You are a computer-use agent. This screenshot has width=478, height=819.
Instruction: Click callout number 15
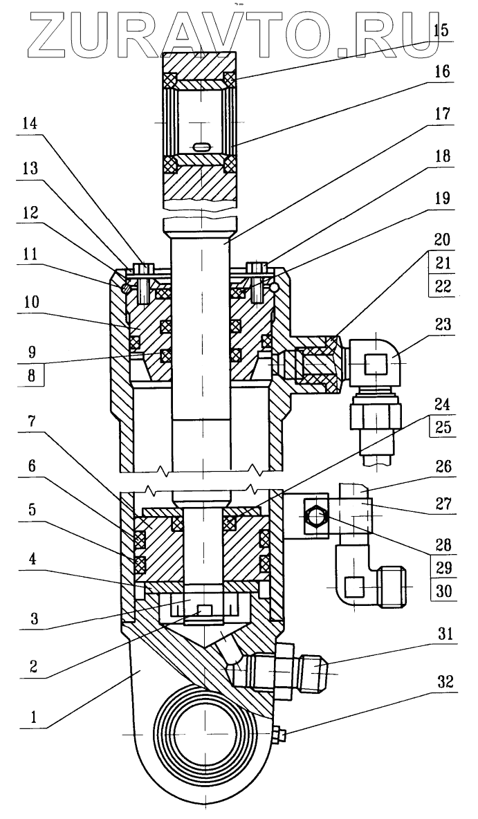coord(441,30)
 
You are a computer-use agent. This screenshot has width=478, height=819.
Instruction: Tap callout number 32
coord(441,682)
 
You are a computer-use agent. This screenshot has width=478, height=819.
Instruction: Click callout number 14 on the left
coord(30,125)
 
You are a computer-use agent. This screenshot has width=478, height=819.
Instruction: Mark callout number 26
coord(441,466)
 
